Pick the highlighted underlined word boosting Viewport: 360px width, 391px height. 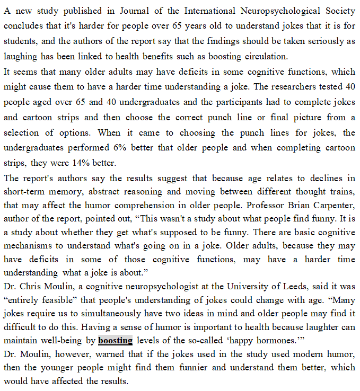(115, 340)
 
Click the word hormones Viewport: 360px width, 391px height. (283, 341)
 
